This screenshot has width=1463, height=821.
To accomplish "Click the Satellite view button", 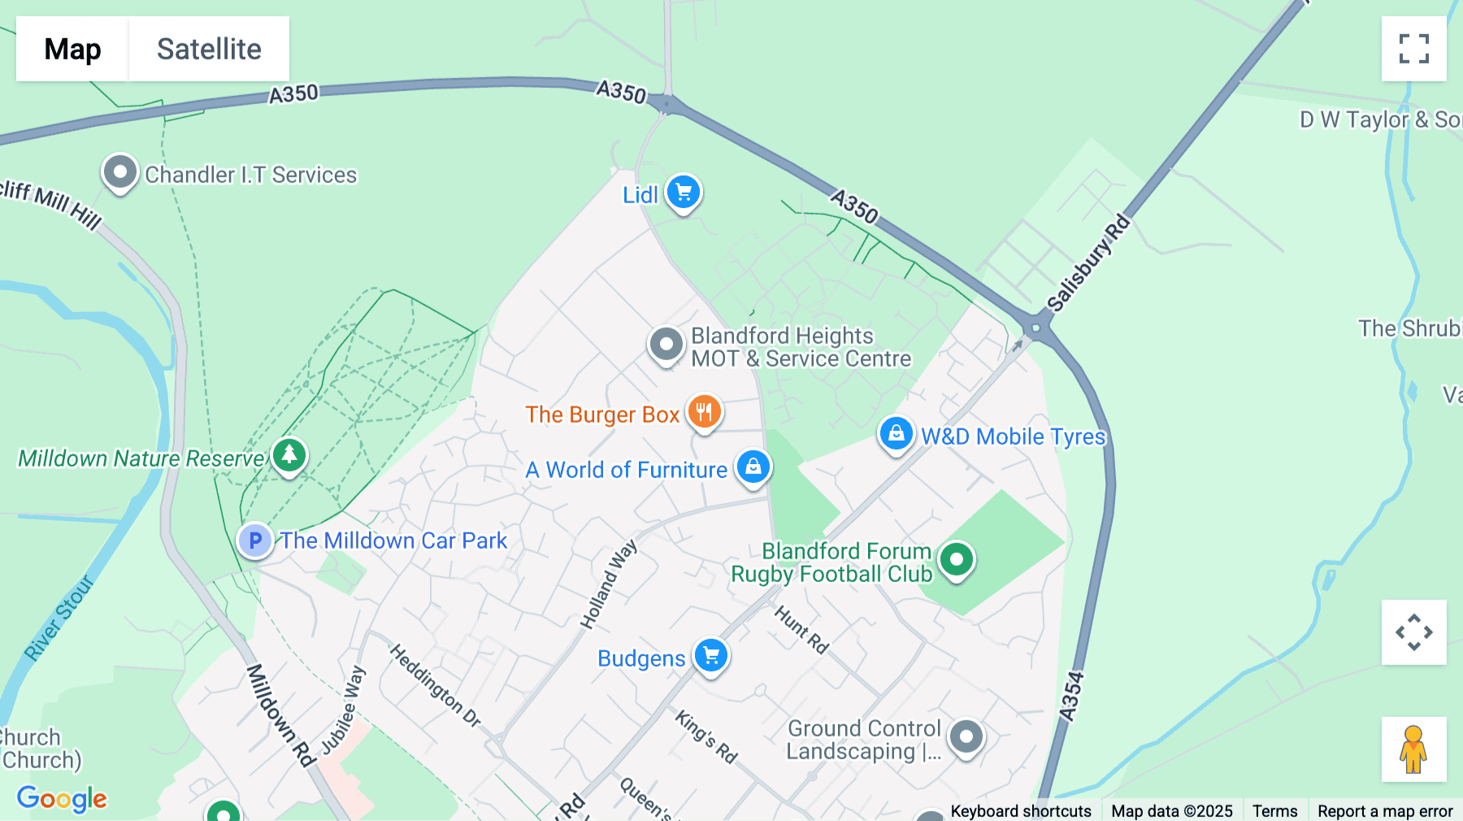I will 209,49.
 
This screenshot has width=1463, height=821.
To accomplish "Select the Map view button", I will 72,49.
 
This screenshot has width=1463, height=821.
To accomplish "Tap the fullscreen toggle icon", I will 1413,49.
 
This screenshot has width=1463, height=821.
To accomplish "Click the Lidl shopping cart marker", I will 684,193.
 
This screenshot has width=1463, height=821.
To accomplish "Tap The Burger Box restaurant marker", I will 704,412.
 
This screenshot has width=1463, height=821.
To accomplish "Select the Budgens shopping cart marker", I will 711,655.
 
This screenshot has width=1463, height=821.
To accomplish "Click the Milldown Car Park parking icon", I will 255,541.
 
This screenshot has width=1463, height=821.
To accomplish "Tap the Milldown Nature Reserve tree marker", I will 289,456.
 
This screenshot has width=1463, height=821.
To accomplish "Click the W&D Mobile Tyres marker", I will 896,434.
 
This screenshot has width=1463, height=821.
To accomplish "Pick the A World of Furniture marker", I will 753,467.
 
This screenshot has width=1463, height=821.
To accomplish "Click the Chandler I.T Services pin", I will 120,172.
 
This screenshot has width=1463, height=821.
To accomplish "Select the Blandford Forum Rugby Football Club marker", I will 957,559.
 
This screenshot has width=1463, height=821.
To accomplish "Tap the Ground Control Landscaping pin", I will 966,737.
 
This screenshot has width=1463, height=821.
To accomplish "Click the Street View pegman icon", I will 1413,749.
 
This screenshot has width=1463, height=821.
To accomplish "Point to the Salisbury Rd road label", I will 1088,263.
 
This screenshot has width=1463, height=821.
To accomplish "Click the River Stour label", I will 59,618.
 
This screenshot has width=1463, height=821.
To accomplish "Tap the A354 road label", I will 1071,696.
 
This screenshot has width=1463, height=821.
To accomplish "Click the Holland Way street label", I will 608,584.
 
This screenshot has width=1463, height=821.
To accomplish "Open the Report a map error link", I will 1384,811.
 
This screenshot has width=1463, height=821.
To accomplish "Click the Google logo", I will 62,798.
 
